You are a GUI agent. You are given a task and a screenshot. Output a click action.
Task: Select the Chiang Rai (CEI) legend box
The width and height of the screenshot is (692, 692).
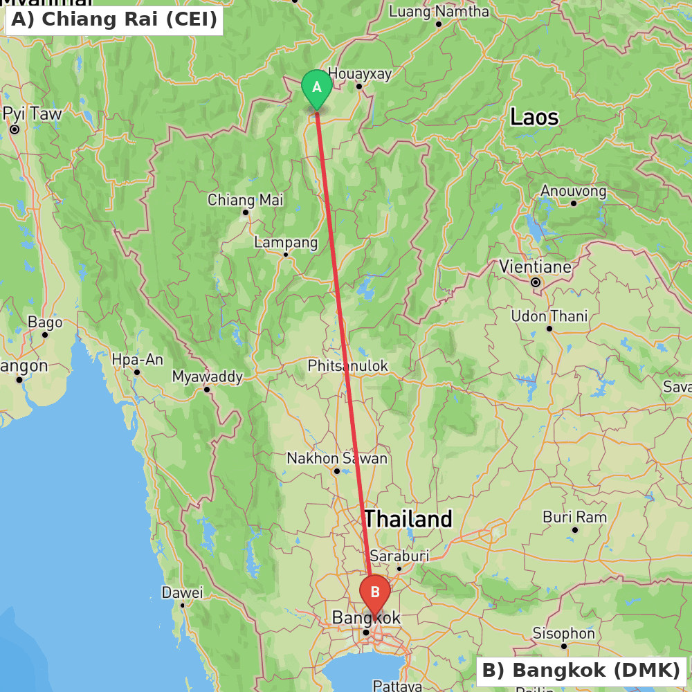tap(114, 19)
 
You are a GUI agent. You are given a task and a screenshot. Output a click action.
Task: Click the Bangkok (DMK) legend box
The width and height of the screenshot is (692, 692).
tap(581, 671)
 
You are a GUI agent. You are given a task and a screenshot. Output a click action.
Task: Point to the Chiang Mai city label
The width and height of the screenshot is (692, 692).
tap(245, 200)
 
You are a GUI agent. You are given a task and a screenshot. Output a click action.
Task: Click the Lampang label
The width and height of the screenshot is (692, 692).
tap(286, 243)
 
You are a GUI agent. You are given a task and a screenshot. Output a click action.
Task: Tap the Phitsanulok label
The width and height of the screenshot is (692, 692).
tap(348, 365)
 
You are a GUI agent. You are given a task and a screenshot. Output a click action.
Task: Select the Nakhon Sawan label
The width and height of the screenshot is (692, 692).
tap(337, 458)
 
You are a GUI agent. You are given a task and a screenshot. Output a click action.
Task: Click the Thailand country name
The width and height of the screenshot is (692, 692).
tap(408, 518)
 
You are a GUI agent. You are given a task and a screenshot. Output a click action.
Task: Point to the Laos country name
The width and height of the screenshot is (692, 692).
tap(534, 117)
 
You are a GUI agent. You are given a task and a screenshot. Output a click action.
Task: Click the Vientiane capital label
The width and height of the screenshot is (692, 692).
tap(536, 267)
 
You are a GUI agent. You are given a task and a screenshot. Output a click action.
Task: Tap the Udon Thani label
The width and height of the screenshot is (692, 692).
tap(549, 316)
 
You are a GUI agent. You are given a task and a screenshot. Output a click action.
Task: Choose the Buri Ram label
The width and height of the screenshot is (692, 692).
tap(574, 517)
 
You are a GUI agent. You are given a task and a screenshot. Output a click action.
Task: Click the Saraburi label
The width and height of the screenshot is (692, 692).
tap(399, 556)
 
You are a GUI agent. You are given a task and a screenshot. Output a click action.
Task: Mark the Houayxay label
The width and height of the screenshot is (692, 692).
tap(360, 73)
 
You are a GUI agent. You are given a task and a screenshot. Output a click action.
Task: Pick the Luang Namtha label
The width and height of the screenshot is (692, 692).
tap(439, 12)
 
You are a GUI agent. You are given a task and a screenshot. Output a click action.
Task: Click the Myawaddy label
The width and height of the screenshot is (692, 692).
tap(207, 376)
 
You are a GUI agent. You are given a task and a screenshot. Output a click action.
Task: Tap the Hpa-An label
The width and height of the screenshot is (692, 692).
tap(137, 360)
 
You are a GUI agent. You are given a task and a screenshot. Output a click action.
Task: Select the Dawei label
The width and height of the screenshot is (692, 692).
tap(182, 592)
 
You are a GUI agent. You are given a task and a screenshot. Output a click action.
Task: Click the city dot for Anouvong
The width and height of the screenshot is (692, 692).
tap(574, 203)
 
